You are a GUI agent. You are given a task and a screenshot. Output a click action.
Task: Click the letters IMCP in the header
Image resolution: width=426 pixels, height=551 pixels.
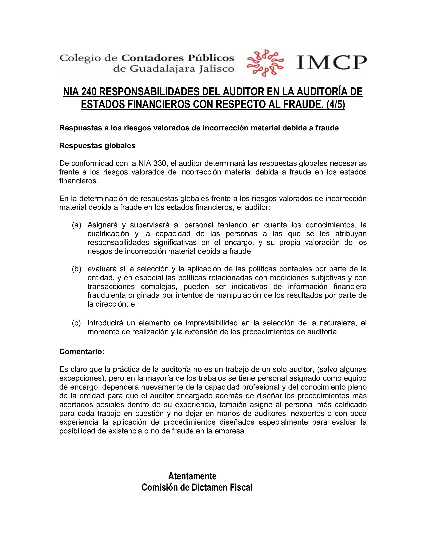pos(331,63)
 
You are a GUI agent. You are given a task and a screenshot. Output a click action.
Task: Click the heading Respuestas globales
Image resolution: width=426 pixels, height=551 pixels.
pos(97,146)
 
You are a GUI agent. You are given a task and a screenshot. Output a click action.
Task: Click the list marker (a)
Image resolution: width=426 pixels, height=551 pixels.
pos(77,225)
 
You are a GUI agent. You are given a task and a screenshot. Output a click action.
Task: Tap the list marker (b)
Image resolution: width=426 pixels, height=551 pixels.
pos(77,269)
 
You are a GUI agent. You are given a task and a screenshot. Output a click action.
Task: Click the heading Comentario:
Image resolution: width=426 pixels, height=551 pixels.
pos(82,352)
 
